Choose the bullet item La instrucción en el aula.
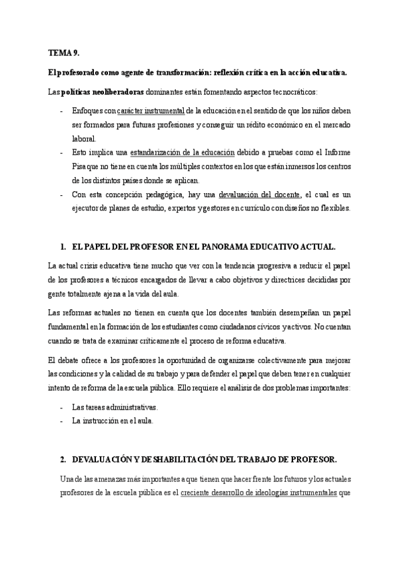click(113, 420)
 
